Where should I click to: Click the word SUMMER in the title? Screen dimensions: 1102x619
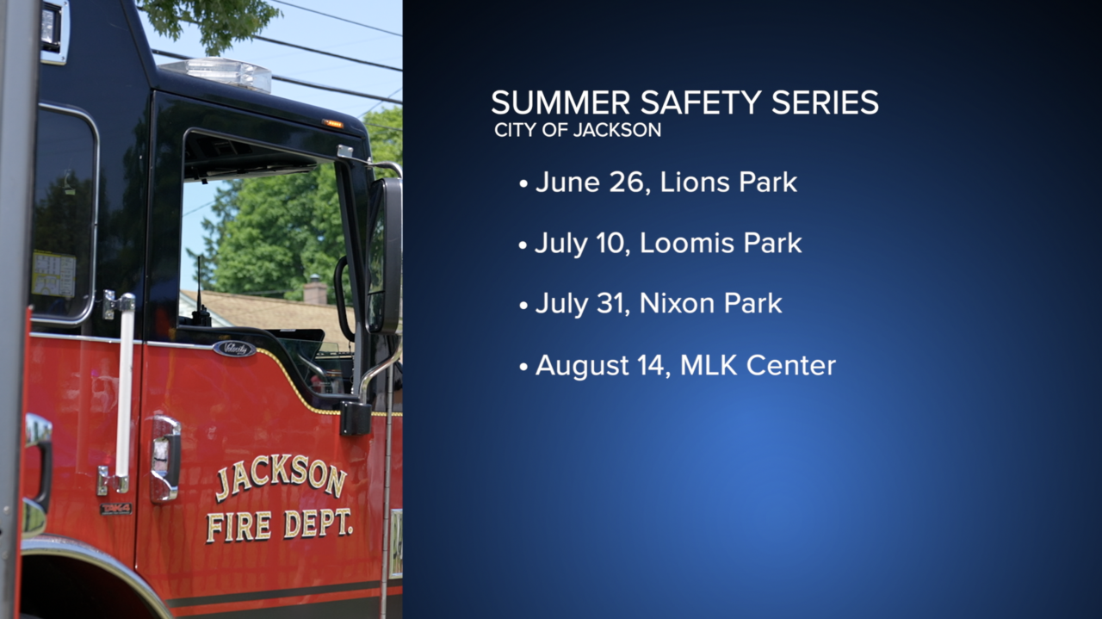560,102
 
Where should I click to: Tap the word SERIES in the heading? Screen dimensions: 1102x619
825,102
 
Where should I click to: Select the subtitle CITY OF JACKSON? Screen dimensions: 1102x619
578,130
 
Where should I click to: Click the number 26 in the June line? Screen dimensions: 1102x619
627,182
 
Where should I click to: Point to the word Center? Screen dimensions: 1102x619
791,365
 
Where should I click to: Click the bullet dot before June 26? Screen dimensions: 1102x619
523,184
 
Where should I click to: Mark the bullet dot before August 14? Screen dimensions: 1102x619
523,368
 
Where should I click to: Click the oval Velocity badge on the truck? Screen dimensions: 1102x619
234,349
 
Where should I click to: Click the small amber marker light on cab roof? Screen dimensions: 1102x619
332,123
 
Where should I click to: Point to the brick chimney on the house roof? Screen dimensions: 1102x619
315,290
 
